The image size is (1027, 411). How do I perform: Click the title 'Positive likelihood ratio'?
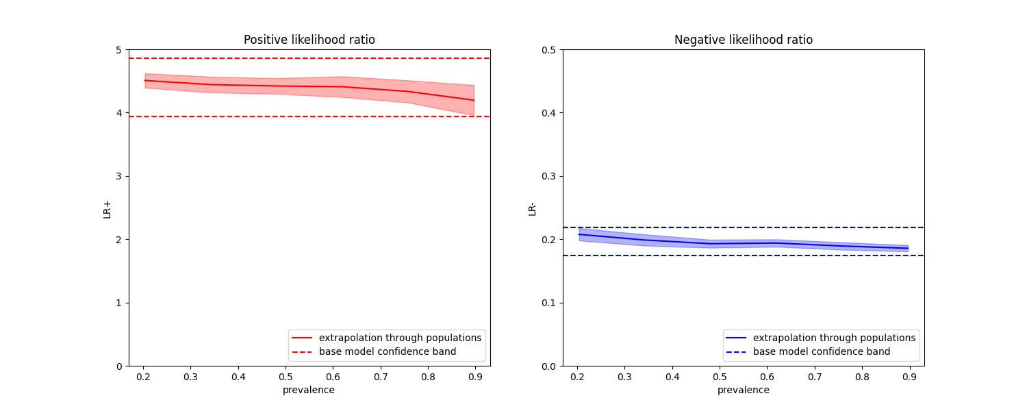pyautogui.click(x=309, y=40)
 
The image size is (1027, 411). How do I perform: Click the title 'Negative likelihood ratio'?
pyautogui.click(x=743, y=40)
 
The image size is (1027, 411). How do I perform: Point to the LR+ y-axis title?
pyautogui.click(x=107, y=208)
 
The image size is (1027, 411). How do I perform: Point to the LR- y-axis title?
pyautogui.click(x=532, y=208)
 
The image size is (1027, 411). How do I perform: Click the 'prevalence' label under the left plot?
pyautogui.click(x=309, y=390)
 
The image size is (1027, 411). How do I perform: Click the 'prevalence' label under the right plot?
pyautogui.click(x=743, y=390)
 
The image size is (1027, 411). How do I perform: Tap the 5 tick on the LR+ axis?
pyautogui.click(x=118, y=50)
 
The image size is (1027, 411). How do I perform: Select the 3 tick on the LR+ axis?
pyautogui.click(x=118, y=176)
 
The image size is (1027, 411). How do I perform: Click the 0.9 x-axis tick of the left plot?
pyautogui.click(x=475, y=377)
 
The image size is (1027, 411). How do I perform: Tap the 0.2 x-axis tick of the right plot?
pyautogui.click(x=577, y=377)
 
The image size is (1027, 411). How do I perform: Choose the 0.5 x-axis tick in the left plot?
pyautogui.click(x=286, y=377)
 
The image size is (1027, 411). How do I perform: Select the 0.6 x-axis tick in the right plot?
pyautogui.click(x=768, y=377)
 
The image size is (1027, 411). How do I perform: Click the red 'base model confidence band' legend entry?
pyautogui.click(x=387, y=351)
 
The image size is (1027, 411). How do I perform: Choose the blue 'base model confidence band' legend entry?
pyautogui.click(x=821, y=351)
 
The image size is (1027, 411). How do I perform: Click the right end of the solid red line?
pyautogui.click(x=474, y=100)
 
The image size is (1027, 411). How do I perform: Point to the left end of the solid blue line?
pyautogui.click(x=579, y=234)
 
